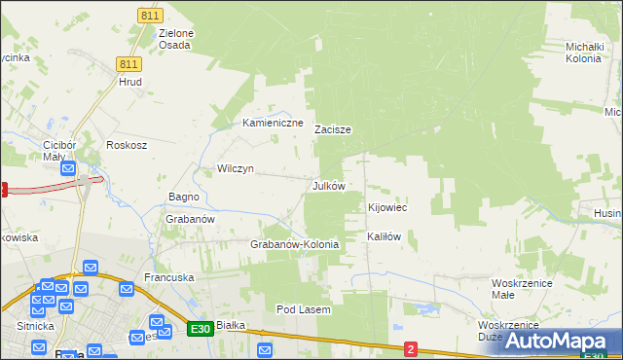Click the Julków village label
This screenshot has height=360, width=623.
328,186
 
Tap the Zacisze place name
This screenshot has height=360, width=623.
332,129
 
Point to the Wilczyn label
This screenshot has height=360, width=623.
236,168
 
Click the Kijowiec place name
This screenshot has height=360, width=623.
386,208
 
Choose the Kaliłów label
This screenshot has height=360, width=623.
384,236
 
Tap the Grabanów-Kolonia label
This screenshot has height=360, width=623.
295,244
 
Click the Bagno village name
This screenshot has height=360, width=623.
183,197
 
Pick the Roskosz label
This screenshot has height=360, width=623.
127,145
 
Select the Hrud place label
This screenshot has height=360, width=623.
130,83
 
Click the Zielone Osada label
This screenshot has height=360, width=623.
175,39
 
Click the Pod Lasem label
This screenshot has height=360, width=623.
304,309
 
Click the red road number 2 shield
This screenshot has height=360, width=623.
411,348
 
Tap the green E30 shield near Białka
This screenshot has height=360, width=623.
201,330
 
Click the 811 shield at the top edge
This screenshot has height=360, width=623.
149,17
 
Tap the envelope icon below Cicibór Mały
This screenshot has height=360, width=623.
68,169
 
